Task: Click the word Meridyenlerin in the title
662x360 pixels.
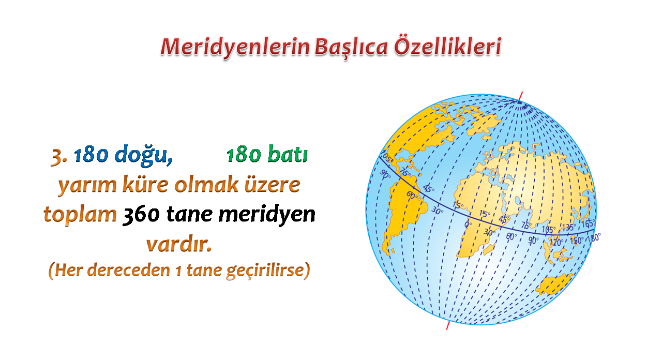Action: [235, 47]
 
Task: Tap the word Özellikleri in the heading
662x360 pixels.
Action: [447, 46]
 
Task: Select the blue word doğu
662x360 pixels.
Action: [144, 155]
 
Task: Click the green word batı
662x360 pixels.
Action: [288, 154]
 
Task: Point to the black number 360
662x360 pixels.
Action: [141, 214]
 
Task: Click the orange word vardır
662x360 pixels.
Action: [179, 244]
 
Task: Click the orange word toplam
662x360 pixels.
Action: [80, 215]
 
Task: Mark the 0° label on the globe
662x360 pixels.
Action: [468, 224]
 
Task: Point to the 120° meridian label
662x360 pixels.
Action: [555, 243]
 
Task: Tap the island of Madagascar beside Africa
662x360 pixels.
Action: [489, 249]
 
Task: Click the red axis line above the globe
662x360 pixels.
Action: [521, 97]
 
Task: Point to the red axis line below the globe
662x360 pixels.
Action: [448, 324]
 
